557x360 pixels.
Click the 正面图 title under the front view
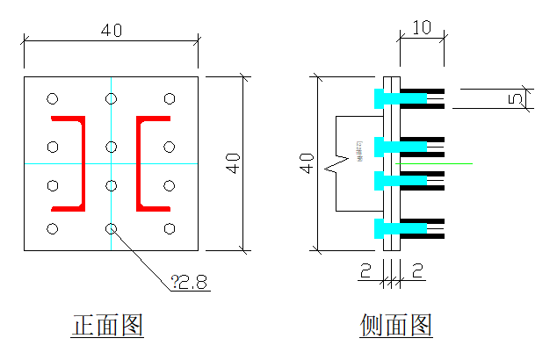[107, 327]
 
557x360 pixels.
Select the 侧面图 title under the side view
[396, 327]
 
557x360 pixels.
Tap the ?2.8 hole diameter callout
[190, 282]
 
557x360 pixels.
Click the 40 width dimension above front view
[111, 30]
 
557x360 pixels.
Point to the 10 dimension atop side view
[421, 27]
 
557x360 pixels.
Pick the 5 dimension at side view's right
[516, 98]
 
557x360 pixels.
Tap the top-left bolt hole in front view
[53, 99]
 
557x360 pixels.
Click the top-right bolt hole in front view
[169, 99]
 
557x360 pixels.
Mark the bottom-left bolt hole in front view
[53, 229]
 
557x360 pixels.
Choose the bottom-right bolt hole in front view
[169, 229]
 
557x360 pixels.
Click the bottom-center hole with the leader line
[111, 229]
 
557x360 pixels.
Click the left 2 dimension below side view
[364, 270]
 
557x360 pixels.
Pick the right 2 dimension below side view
[417, 270]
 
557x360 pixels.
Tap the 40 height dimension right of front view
[233, 163]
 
